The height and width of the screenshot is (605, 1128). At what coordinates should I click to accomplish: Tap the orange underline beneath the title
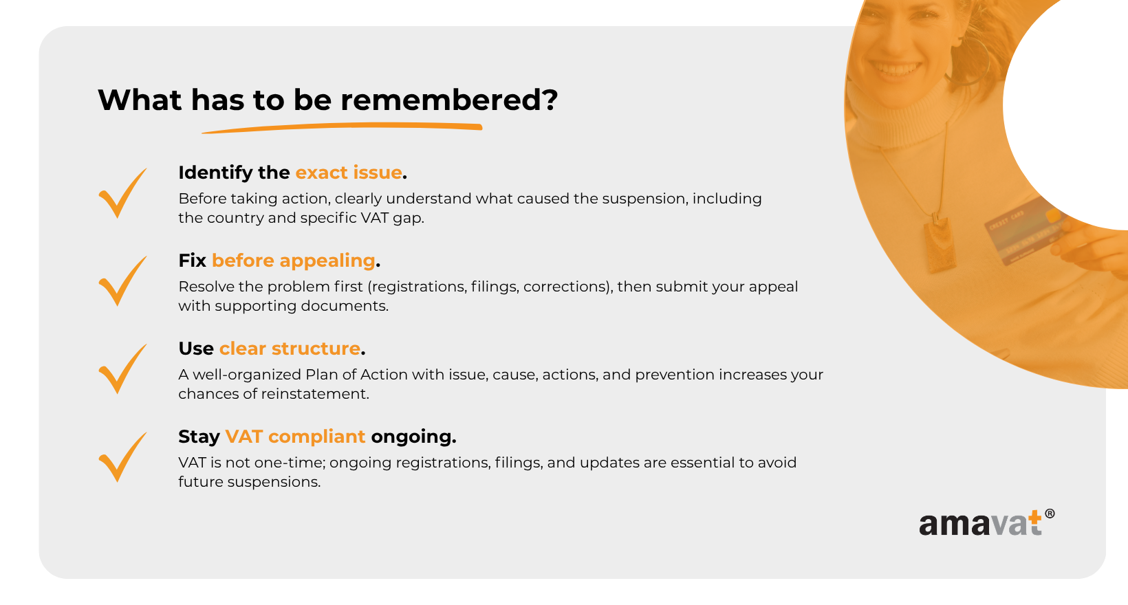343,128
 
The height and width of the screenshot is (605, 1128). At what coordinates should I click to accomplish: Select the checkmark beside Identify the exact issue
122,193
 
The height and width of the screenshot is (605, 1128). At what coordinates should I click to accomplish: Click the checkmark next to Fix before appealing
122,281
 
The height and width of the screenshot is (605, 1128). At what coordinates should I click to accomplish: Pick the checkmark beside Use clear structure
122,369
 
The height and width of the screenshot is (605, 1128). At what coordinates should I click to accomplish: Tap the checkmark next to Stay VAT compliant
122,457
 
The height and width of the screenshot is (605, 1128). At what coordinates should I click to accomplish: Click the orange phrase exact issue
349,173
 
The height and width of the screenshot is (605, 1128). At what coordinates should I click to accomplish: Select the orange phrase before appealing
294,261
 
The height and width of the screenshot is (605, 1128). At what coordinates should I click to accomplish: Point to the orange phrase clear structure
290,349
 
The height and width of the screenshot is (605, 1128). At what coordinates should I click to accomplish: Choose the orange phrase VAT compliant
295,437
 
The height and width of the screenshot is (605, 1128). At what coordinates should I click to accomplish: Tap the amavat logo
986,523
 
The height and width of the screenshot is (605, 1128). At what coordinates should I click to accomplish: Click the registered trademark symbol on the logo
1050,514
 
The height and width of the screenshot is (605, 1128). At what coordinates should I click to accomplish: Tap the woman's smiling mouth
896,67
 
